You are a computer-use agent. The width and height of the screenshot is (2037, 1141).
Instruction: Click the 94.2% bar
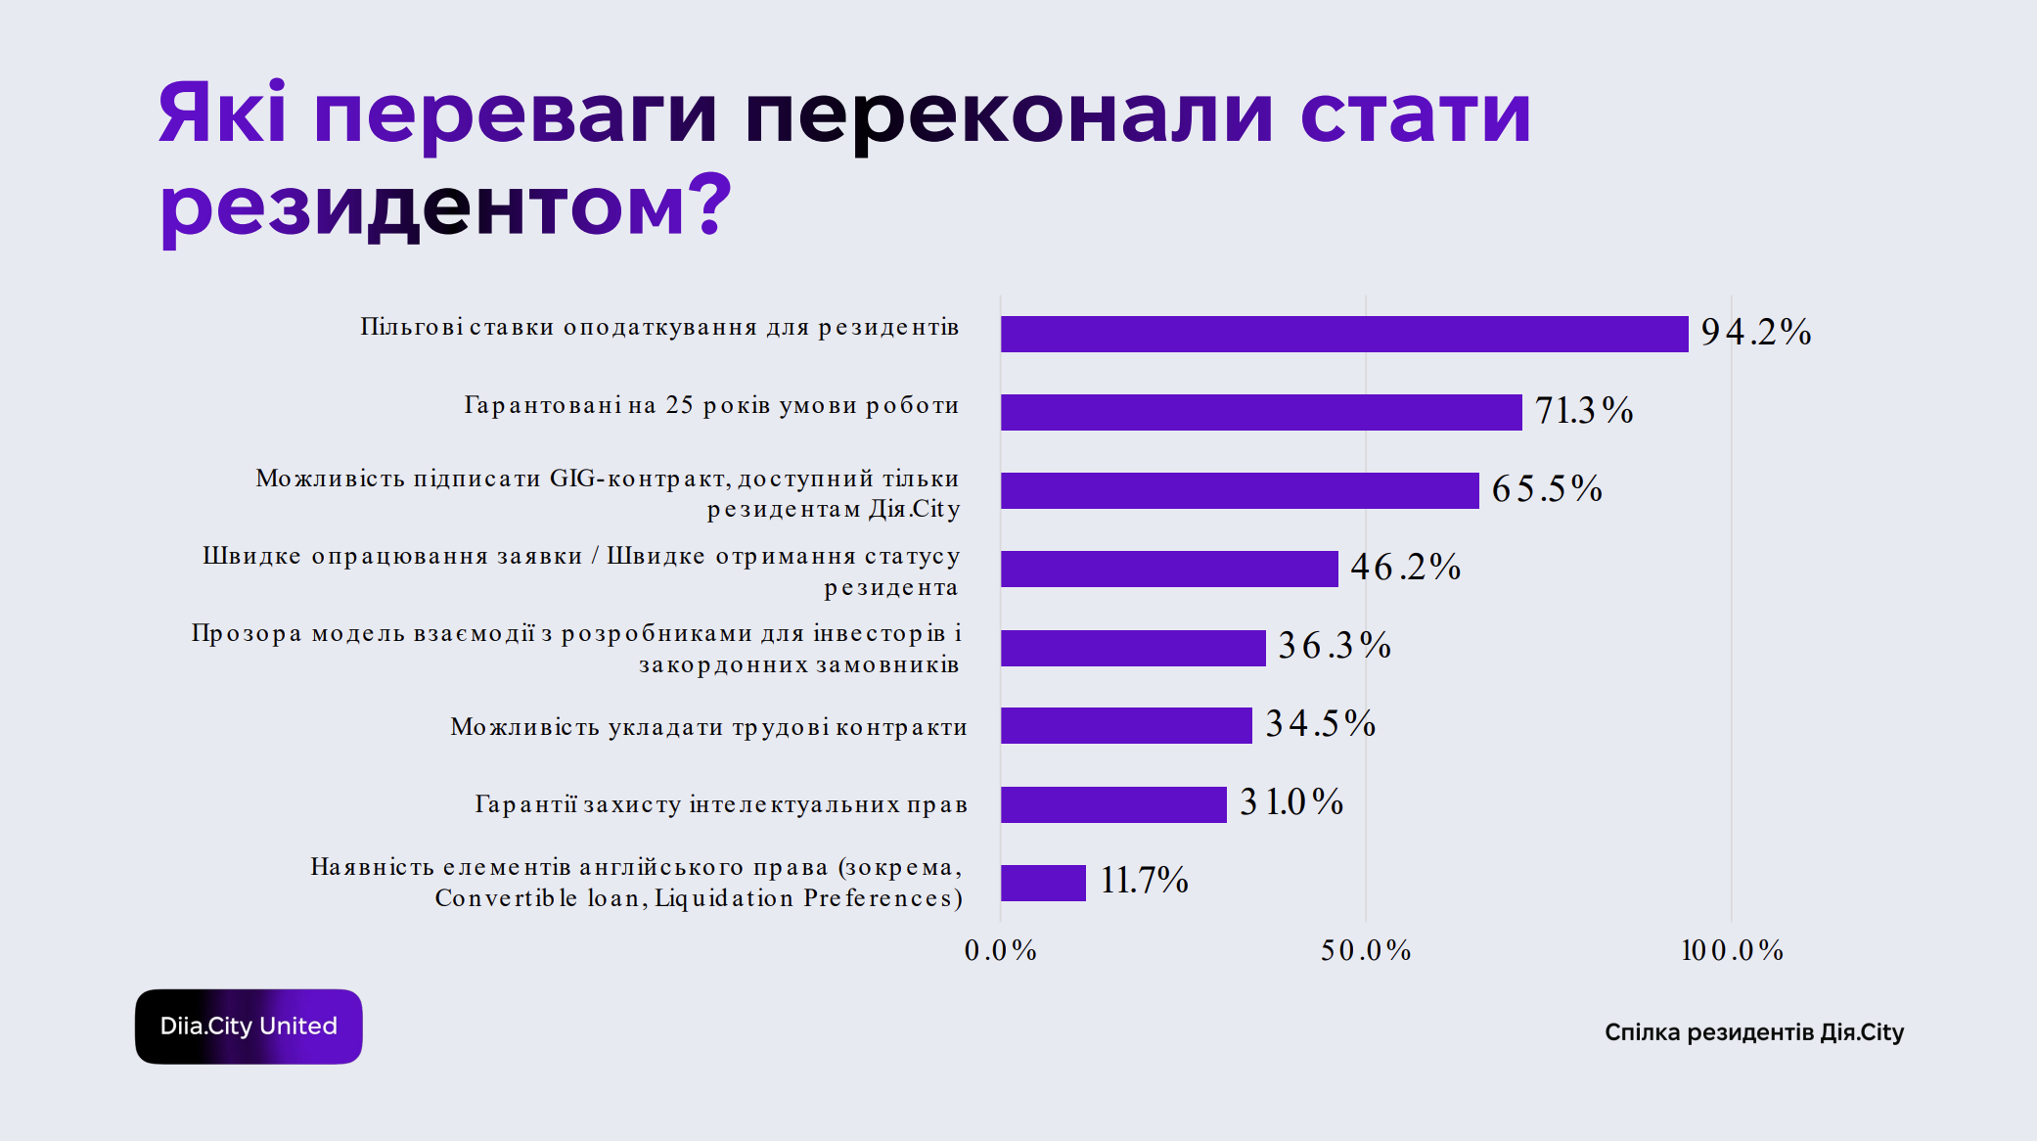pyautogui.click(x=1344, y=334)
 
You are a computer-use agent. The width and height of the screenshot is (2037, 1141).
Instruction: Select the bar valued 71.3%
pyautogui.click(x=1261, y=412)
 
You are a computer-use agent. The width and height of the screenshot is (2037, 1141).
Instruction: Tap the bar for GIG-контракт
pyautogui.click(x=1240, y=490)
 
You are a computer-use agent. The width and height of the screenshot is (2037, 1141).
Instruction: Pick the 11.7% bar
pyautogui.click(x=1043, y=883)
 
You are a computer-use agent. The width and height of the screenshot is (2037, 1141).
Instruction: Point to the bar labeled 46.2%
pyautogui.click(x=1169, y=569)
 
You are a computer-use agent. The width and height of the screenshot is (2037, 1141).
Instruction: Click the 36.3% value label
pyautogui.click(x=1335, y=646)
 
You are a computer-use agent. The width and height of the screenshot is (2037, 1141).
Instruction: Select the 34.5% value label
pyautogui.click(x=1321, y=724)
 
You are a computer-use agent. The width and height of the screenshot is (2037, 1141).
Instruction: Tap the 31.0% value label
pyautogui.click(x=1291, y=802)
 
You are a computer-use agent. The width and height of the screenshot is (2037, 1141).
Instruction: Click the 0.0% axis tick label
pyautogui.click(x=1000, y=950)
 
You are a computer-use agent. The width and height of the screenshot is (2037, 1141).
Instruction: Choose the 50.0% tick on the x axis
pyautogui.click(x=1366, y=950)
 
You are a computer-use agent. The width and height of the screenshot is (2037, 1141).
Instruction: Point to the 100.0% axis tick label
pyautogui.click(x=1732, y=950)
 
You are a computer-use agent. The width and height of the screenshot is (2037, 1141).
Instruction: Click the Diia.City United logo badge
pyautogui.click(x=249, y=1027)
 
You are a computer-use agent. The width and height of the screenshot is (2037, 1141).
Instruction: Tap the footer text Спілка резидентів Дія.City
pyautogui.click(x=1754, y=1032)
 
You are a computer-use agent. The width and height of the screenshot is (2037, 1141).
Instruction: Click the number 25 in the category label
pyautogui.click(x=679, y=405)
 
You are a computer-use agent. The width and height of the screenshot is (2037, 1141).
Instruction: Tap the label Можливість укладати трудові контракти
pyautogui.click(x=708, y=727)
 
